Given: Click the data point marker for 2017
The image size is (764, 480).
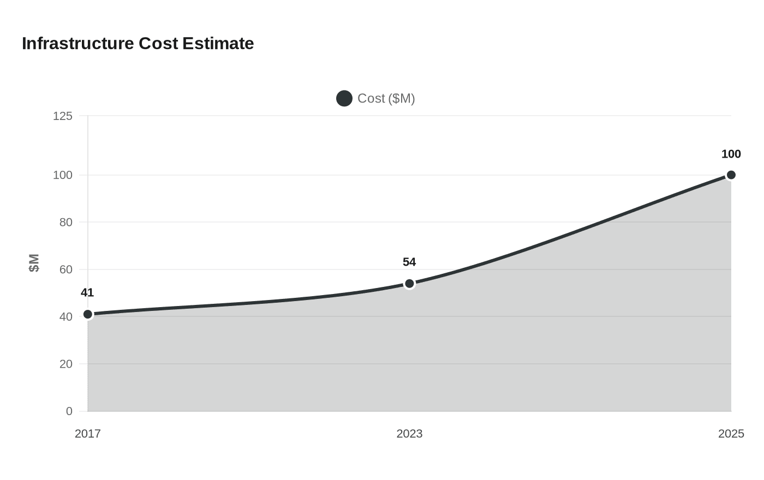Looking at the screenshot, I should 88,314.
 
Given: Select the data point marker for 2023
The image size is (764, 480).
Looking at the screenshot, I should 409,284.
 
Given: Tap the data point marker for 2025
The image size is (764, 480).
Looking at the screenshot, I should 731,175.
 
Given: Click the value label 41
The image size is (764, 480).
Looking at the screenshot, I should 87,293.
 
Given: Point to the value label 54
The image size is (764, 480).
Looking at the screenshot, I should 409,262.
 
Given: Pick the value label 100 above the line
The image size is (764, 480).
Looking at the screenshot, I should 731,154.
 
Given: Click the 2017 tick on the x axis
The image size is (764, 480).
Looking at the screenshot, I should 88,434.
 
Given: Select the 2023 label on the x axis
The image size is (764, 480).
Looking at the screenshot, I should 409,434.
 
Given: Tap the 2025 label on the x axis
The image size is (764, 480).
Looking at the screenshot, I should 731,434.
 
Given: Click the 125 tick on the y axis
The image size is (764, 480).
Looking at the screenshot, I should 63,116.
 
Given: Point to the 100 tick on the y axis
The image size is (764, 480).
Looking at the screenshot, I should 63,175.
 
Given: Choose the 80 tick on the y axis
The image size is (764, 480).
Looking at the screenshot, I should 66,223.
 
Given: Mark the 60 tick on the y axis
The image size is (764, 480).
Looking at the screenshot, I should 66,269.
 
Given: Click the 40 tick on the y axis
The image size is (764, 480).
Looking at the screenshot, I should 66,317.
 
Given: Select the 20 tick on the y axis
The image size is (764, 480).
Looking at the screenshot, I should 66,364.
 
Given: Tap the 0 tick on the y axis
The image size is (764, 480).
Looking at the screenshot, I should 69,411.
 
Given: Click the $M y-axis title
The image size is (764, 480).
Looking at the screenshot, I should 34,263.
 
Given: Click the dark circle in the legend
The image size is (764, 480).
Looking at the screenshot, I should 344,99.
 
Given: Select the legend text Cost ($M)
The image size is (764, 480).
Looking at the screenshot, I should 386,99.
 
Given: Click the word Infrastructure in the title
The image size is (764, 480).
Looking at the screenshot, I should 78,44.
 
